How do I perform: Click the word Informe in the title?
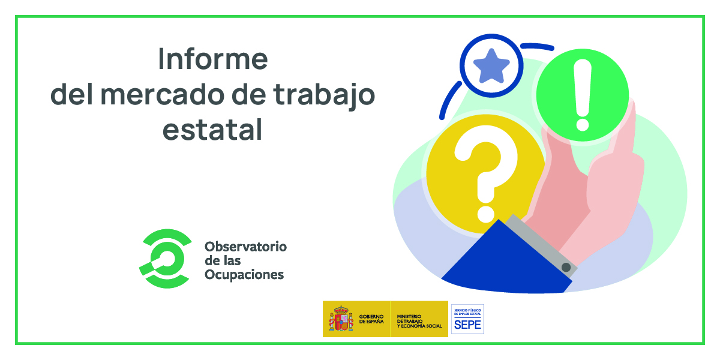tap(212, 59)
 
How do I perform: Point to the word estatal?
tap(212, 130)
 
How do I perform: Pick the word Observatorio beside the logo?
tap(245, 247)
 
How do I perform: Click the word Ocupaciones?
tap(244, 275)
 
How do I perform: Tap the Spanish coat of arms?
tap(340, 319)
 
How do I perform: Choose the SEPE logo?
tap(467, 319)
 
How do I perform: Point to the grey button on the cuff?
tap(566, 266)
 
